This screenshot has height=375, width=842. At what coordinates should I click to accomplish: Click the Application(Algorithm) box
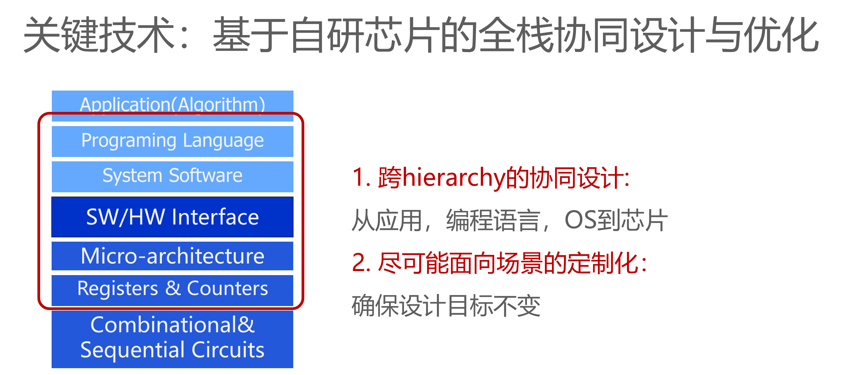click(173, 106)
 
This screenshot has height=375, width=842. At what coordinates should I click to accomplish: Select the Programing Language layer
click(173, 141)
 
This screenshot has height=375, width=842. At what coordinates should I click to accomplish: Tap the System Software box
click(173, 177)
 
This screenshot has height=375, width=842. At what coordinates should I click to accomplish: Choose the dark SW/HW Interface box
click(173, 217)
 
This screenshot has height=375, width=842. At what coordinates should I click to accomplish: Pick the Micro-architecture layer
click(173, 256)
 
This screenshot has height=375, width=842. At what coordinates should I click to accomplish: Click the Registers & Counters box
click(173, 290)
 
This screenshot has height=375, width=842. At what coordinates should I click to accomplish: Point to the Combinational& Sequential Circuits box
click(173, 339)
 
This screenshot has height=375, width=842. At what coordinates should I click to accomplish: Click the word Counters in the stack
click(228, 288)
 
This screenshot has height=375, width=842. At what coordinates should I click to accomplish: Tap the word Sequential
click(133, 350)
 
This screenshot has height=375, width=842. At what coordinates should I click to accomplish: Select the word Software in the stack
click(205, 175)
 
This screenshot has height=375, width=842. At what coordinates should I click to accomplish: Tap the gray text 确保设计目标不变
click(446, 306)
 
